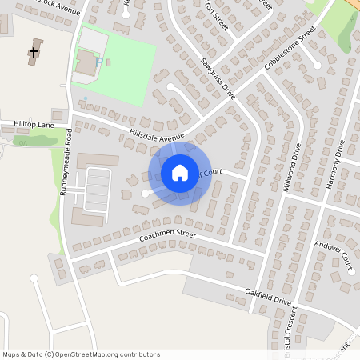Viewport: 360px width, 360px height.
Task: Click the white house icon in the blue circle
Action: [x=180, y=173]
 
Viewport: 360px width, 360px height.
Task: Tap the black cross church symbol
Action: [x=34, y=54]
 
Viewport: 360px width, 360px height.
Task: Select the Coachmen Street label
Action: [x=167, y=236]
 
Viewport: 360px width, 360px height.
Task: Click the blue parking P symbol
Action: [x=98, y=61]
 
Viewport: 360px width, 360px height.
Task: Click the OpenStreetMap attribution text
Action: [x=81, y=354]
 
